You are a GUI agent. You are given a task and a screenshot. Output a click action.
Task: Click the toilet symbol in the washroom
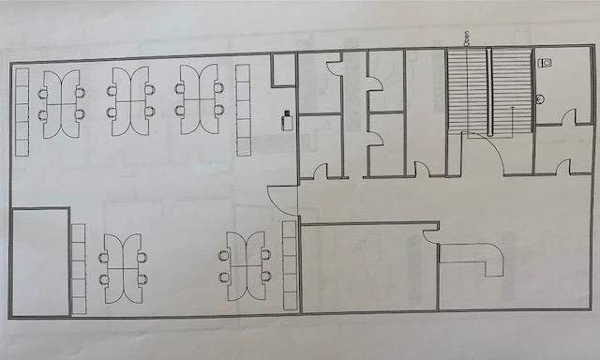[548, 62]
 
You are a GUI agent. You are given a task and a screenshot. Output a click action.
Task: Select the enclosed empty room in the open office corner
[39, 262]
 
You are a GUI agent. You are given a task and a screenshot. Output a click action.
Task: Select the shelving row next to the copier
[244, 110]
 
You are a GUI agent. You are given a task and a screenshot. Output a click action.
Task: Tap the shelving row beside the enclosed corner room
[79, 269]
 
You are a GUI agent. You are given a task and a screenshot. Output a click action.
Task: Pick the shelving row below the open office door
[290, 266]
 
